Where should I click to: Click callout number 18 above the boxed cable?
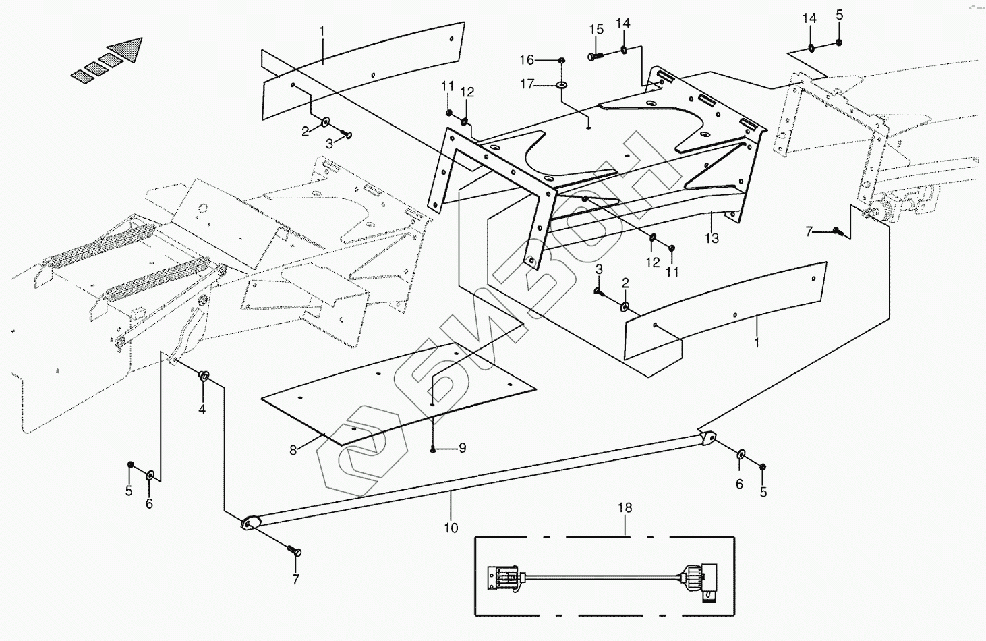tap(625, 508)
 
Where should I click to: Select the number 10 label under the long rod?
tap(451, 528)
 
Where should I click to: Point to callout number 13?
tap(712, 238)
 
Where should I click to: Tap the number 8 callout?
tap(293, 450)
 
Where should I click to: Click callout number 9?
tap(462, 448)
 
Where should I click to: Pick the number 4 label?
tap(202, 409)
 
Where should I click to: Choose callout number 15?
tap(596, 30)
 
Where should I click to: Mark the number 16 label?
tap(527, 60)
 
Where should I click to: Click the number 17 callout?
tap(527, 84)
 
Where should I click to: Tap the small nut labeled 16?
tap(561, 61)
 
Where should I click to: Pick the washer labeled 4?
tap(203, 376)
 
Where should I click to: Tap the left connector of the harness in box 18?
tap(503, 580)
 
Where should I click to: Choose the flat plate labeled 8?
tap(398, 398)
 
